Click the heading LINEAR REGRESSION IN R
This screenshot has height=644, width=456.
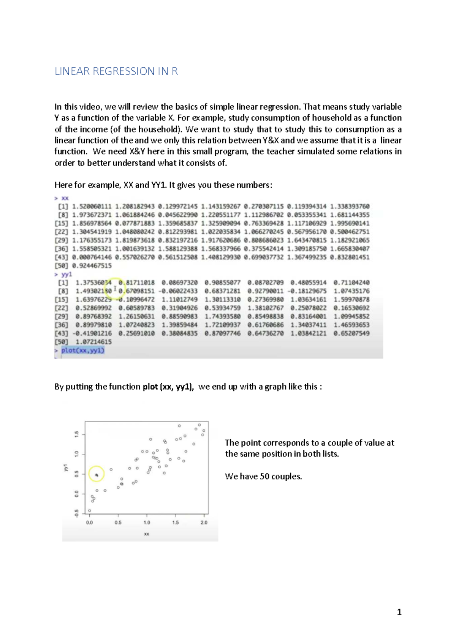click(116, 71)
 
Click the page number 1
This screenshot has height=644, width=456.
click(399, 612)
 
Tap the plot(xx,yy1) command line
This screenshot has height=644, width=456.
click(82, 350)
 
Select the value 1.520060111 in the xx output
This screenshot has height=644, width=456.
click(92, 206)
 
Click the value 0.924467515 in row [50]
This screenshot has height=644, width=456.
click(92, 265)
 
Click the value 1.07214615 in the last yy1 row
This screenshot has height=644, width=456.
click(93, 342)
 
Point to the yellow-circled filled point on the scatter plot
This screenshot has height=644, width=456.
click(97, 475)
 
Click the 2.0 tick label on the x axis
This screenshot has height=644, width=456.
click(204, 522)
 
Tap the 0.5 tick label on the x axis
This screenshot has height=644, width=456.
click(118, 522)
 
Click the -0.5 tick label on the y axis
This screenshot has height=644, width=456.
click(77, 513)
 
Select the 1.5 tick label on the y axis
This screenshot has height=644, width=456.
click(77, 434)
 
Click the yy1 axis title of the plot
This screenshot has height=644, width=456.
click(65, 468)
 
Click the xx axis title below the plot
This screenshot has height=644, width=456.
click(147, 534)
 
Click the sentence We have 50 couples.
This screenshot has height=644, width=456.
click(263, 476)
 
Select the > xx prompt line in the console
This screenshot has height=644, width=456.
click(62, 198)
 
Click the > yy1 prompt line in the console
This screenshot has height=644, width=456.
click(63, 274)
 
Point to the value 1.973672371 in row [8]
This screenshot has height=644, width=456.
click(92, 215)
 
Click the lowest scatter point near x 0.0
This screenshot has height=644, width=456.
click(90, 511)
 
